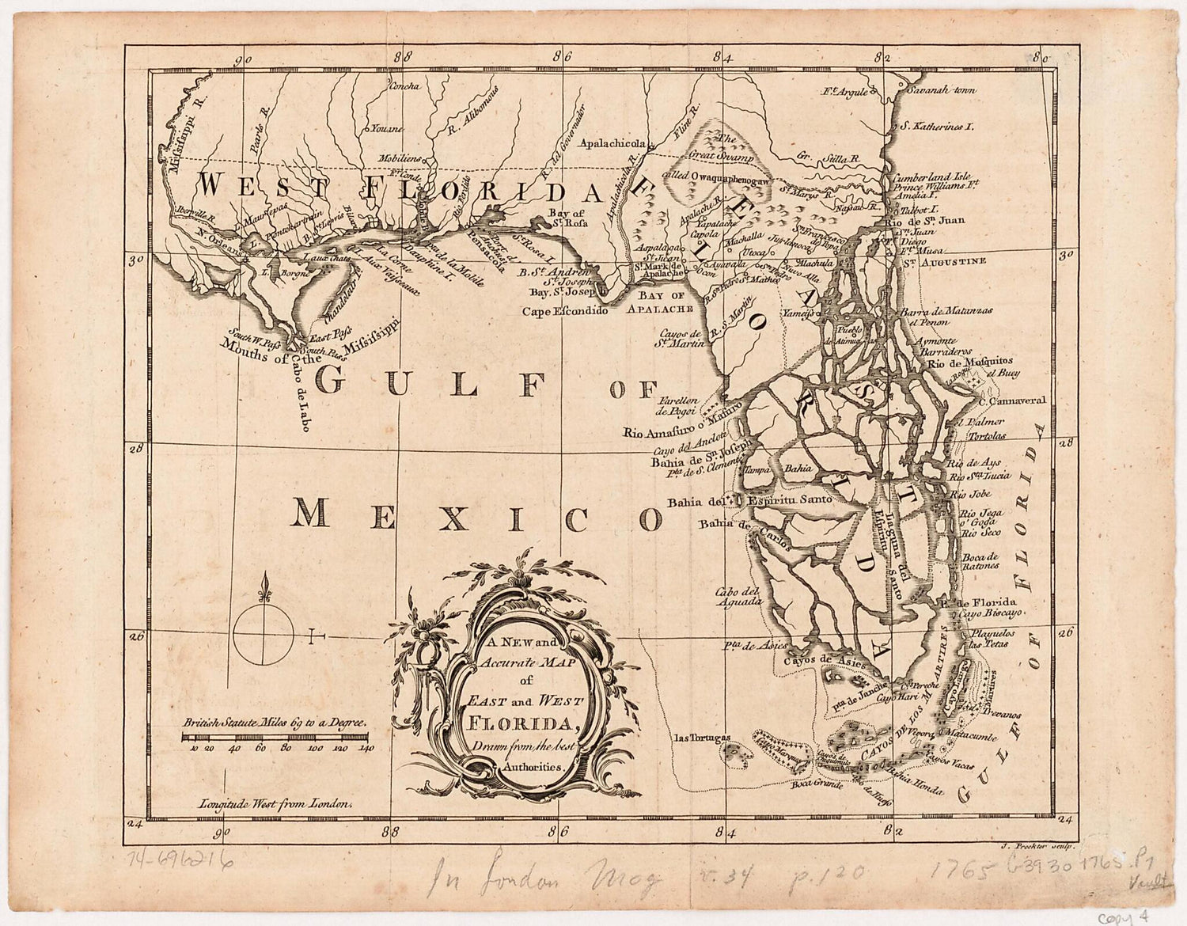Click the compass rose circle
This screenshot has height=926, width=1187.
[264, 634]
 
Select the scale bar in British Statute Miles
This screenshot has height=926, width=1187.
[278, 738]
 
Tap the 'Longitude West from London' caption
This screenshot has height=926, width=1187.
[275, 801]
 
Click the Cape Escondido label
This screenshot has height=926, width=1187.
[564, 312]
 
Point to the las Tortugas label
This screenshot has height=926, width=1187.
[700, 738]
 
